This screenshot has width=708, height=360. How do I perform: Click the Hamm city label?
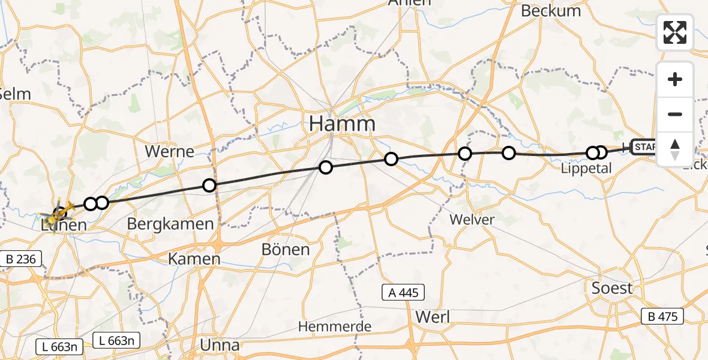(x=342, y=124)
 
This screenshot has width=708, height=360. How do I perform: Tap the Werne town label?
(x=170, y=151)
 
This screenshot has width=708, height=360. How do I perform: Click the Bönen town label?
(x=286, y=249)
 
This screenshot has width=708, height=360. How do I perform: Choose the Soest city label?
(x=611, y=288)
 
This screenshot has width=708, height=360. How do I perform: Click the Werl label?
(x=432, y=316)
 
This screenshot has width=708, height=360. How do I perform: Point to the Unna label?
(x=219, y=345)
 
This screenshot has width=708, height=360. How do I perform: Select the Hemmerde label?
(x=335, y=327)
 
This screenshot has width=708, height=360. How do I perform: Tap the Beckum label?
(x=551, y=11)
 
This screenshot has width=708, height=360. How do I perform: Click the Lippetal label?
(x=586, y=169)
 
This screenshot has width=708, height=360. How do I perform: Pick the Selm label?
(x=15, y=94)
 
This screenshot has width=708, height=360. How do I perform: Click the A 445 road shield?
(x=404, y=293)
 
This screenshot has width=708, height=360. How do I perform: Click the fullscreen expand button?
(x=675, y=32)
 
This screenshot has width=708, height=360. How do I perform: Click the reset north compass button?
(x=675, y=149)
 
